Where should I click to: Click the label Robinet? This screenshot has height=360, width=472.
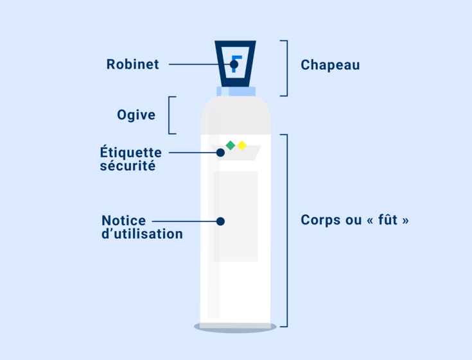tap(132, 64)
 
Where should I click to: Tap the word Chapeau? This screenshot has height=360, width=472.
tap(330, 65)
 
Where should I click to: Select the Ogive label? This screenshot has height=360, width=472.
tap(136, 115)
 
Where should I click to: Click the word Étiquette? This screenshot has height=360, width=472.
tap(130, 152)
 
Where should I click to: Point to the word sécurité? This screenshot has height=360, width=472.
tap(128, 166)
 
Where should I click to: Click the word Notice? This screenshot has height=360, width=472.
tap(123, 221)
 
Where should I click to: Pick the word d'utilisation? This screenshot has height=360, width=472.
tap(142, 234)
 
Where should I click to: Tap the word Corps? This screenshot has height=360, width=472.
tap(321, 220)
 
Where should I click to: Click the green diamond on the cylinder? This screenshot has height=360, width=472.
tap(231, 145)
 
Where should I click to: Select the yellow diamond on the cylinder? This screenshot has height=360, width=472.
tap(242, 145)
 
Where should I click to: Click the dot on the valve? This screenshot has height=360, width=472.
tap(234, 64)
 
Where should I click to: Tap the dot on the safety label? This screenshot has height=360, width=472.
tap(220, 153)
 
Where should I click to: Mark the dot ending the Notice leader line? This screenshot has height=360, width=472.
tap(220, 221)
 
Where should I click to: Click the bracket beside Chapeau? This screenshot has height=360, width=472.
tap(287, 68)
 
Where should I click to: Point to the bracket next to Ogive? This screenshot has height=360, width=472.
tap(169, 116)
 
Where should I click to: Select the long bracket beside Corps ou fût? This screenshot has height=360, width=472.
tap(287, 230)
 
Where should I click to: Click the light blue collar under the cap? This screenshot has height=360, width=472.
tap(236, 91)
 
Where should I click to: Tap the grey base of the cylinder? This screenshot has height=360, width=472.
tap(235, 327)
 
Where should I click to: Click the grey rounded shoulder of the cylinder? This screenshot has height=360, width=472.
tap(236, 116)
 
